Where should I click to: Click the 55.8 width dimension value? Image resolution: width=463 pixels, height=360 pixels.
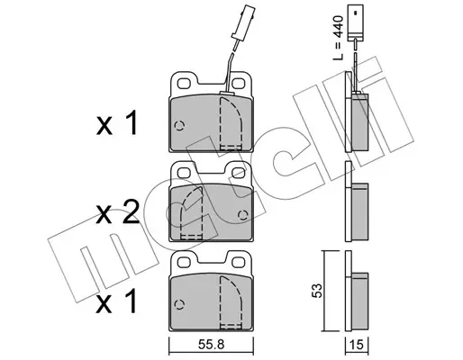211,345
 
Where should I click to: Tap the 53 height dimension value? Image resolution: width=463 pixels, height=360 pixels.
317,290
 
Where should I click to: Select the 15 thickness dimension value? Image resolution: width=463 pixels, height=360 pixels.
357,345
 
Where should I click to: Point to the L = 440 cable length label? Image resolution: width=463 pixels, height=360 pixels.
339,38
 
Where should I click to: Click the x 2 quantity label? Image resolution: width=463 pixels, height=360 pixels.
118,212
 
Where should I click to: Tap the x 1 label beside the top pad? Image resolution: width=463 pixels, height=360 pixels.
117,123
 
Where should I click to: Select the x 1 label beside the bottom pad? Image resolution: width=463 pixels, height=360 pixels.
117,301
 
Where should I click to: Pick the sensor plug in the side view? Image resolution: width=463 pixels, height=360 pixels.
355,22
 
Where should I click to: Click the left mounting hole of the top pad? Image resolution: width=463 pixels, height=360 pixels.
184,83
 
